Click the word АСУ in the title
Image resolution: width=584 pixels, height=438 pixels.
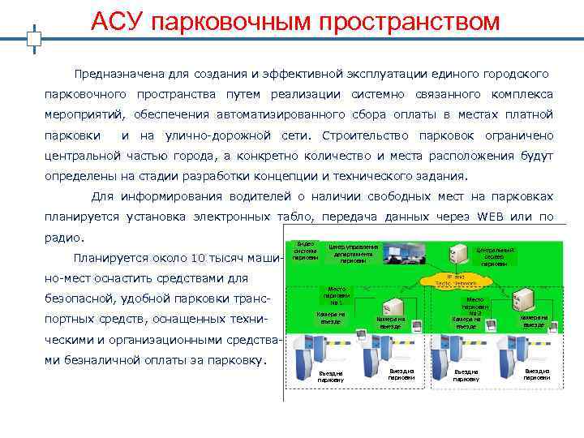(x=118, y=21)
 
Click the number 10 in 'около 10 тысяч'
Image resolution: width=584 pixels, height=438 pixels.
(x=200, y=259)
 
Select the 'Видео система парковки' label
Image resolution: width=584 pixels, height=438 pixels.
(x=305, y=251)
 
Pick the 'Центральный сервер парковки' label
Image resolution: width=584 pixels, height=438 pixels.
(x=494, y=255)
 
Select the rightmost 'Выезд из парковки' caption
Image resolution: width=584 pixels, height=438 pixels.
(x=536, y=375)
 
